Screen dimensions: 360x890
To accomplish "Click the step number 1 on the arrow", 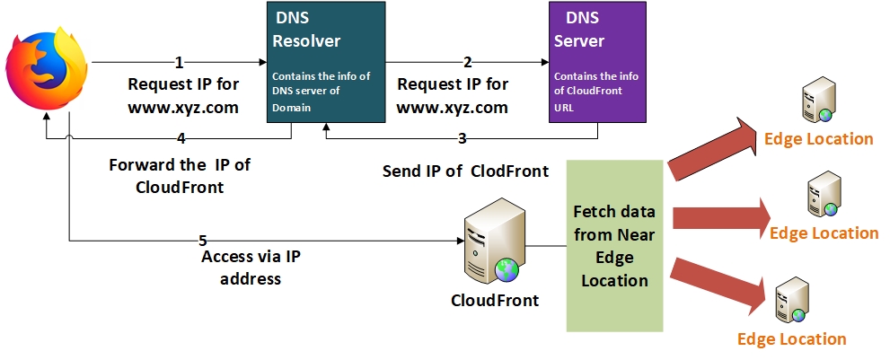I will pyautogui.click(x=179, y=63).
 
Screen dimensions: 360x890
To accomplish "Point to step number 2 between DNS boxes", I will pyautogui.click(x=467, y=63).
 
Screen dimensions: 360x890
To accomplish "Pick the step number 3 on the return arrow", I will pyautogui.click(x=463, y=138).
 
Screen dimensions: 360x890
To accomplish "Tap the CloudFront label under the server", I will pyautogui.click(x=495, y=300).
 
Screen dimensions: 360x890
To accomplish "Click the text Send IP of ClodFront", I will pyautogui.click(x=465, y=171).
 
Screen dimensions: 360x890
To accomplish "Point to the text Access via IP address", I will pyautogui.click(x=251, y=268).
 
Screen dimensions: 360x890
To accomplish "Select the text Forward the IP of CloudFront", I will pyautogui.click(x=179, y=176).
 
